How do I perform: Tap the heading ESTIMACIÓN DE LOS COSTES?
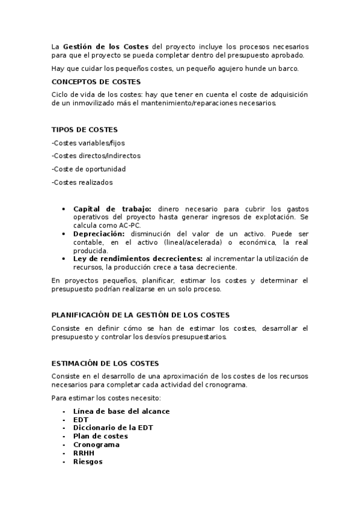tap(105, 363)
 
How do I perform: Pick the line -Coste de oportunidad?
tap(89, 169)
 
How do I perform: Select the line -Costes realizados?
tap(82, 182)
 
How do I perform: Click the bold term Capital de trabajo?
tap(112, 209)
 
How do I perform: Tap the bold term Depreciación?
tap(99, 233)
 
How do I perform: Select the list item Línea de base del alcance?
tap(121, 411)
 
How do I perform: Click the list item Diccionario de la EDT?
tap(113, 428)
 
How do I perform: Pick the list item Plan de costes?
tap(100, 437)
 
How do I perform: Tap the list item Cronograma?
tap(96, 445)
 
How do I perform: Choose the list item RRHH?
tap(84, 453)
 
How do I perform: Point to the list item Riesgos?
tap(88, 462)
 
